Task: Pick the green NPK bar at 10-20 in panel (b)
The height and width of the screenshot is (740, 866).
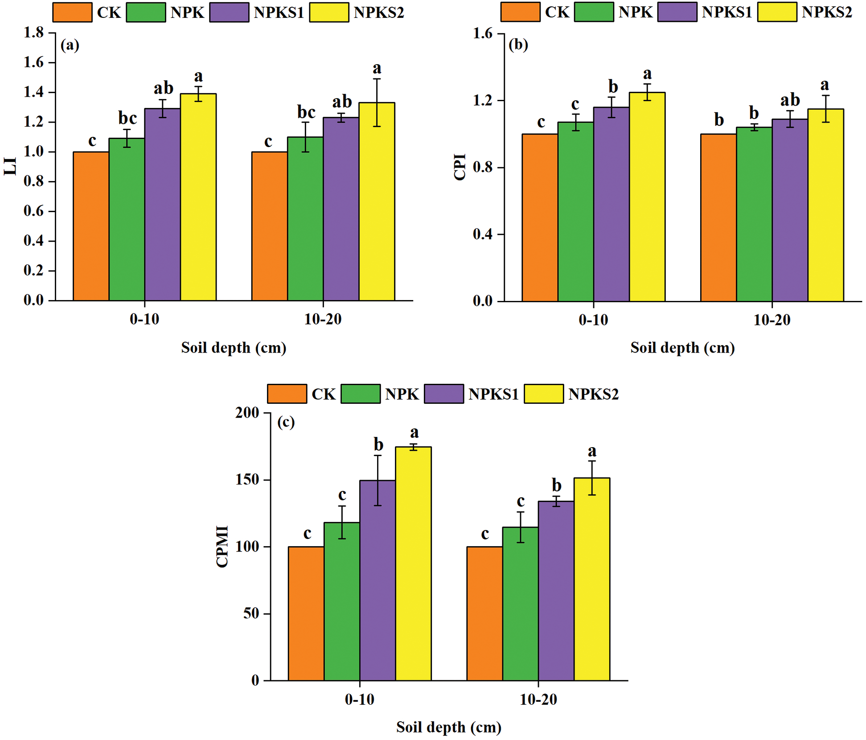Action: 754,214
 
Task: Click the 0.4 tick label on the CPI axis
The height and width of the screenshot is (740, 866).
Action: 483,234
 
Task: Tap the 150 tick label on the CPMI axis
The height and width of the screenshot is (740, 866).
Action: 247,480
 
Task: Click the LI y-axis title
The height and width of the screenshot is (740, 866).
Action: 10,166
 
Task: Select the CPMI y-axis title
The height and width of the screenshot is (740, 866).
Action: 222,547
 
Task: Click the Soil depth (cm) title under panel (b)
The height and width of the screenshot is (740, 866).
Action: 682,348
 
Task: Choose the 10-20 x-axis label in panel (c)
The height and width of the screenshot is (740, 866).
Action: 538,699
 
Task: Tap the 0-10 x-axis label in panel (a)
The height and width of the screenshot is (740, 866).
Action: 144,319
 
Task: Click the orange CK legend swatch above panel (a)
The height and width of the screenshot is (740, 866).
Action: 72,12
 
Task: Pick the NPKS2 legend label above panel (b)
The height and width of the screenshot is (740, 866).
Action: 827,12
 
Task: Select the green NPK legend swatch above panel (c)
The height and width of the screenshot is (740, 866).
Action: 361,394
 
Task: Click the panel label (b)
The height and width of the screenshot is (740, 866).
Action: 518,45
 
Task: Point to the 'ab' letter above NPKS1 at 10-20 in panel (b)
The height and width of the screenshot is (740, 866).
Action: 790,99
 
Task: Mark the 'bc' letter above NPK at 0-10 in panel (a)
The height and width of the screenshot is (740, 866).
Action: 127,118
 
